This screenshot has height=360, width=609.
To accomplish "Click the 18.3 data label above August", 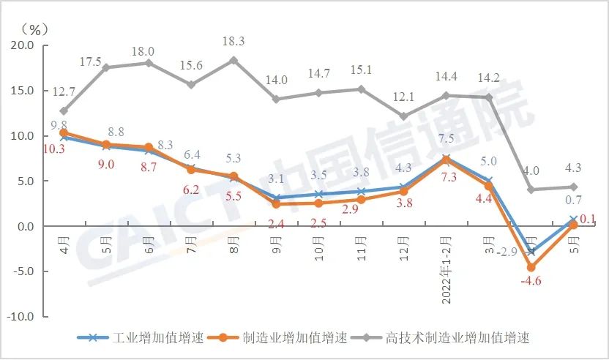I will tap(233, 41).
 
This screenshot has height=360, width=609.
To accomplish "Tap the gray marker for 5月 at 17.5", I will tap(106, 67).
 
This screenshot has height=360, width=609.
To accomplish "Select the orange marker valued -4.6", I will tap(531, 268).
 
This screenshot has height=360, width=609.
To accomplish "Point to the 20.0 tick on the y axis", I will tap(22, 45).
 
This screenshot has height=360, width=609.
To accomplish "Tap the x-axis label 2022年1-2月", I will tap(447, 263).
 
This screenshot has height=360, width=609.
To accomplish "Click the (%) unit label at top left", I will tap(34, 29).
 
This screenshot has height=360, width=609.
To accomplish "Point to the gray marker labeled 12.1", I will tap(404, 116).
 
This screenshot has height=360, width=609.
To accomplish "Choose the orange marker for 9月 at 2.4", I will tap(276, 204).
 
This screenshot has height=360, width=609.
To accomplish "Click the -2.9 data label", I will tap(507, 252).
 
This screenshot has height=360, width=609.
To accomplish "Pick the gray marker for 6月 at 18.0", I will tap(149, 63).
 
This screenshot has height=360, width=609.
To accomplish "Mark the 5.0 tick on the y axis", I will tap(25, 181).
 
